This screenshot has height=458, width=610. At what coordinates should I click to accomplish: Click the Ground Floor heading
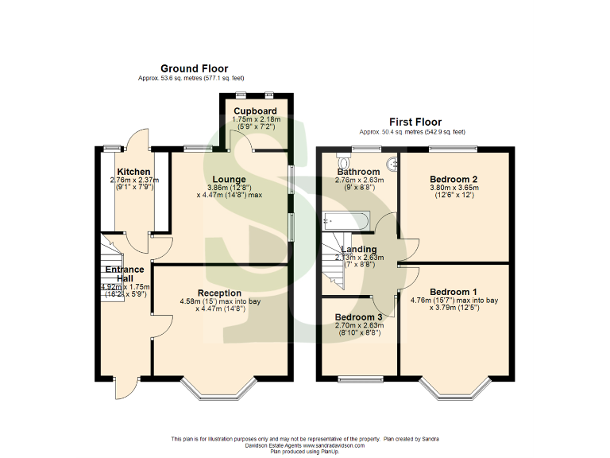point(194,69)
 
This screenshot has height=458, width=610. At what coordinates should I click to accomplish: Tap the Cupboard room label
point(254,111)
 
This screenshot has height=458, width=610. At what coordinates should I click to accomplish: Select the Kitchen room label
point(133,172)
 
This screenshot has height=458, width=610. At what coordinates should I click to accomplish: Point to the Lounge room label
point(228,179)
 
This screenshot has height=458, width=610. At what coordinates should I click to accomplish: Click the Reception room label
point(219,293)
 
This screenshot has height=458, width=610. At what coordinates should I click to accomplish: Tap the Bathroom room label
point(358,172)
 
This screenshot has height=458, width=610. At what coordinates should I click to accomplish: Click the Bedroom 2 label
point(453,179)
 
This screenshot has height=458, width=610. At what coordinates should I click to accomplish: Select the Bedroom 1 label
point(454,292)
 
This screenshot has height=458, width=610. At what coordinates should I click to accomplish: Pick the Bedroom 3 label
point(358,316)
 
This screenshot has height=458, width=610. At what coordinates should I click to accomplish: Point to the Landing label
point(358,250)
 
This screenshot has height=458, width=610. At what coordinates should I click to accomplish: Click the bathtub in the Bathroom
point(345,219)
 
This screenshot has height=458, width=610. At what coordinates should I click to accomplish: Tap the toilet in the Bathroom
point(392,164)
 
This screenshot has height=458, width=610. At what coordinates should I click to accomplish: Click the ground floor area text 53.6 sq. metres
point(194,79)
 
